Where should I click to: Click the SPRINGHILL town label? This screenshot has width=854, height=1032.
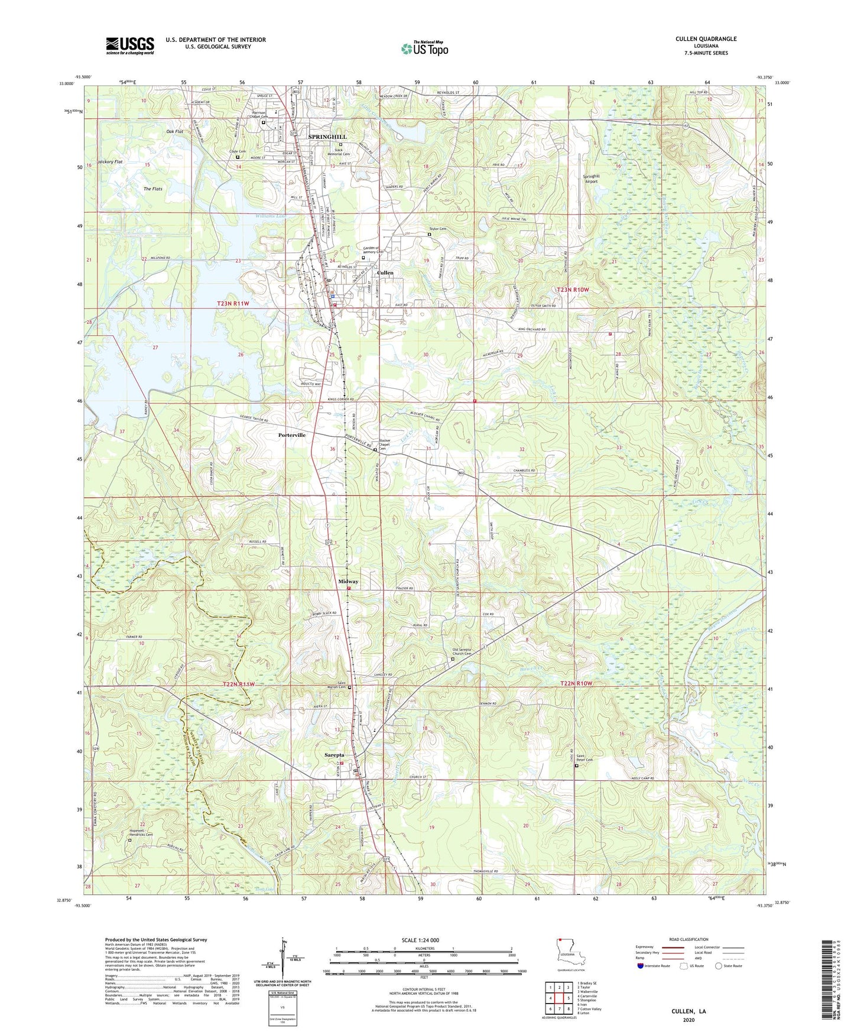327,137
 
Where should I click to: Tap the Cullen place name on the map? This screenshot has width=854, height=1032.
385,272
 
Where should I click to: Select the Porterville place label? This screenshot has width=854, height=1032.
292,435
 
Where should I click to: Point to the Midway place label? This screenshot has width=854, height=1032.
348,582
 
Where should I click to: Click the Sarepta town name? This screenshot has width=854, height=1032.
335,755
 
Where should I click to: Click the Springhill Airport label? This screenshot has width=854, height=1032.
591,179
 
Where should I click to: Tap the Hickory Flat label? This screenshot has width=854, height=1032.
111,161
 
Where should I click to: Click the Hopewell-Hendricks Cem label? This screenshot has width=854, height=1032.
141,833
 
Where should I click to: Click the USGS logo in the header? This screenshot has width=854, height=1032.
130,45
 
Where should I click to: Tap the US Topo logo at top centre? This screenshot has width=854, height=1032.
424,48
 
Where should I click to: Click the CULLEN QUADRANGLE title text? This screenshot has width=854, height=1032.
706,39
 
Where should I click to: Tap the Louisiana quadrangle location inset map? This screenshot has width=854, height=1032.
570,952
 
